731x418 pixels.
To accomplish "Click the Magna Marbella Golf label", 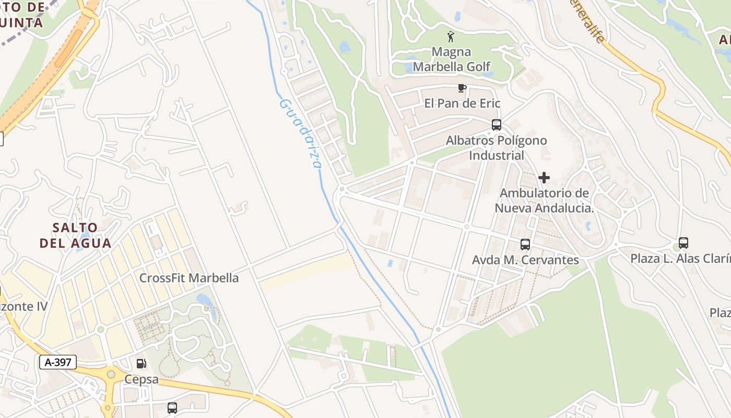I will click(x=452, y=59).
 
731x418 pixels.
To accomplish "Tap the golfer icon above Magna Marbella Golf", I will click(x=451, y=37).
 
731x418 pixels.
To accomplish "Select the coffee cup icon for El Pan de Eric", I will click(x=462, y=88).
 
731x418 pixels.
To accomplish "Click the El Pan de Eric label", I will click(x=462, y=103).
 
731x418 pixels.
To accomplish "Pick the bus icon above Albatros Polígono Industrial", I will click(x=496, y=125).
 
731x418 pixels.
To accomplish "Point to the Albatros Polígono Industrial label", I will click(x=496, y=148).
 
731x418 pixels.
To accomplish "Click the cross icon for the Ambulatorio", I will click(x=544, y=178).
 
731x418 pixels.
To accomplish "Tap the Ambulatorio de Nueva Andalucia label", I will click(x=545, y=200).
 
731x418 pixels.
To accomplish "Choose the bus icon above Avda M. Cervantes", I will click(x=525, y=245).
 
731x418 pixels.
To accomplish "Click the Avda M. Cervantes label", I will click(x=525, y=260).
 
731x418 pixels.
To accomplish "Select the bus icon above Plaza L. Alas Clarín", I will click(x=683, y=243).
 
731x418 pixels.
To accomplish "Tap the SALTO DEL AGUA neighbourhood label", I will click(x=76, y=235).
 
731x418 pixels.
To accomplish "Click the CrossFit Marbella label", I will click(x=188, y=278).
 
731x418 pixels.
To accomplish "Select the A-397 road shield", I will click(x=58, y=362).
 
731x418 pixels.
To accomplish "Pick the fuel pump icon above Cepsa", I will click(x=141, y=364).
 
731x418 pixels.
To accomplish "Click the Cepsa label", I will click(x=141, y=379).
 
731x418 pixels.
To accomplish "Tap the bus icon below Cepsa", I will click(x=172, y=408).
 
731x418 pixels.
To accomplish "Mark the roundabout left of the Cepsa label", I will click(x=111, y=374).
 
